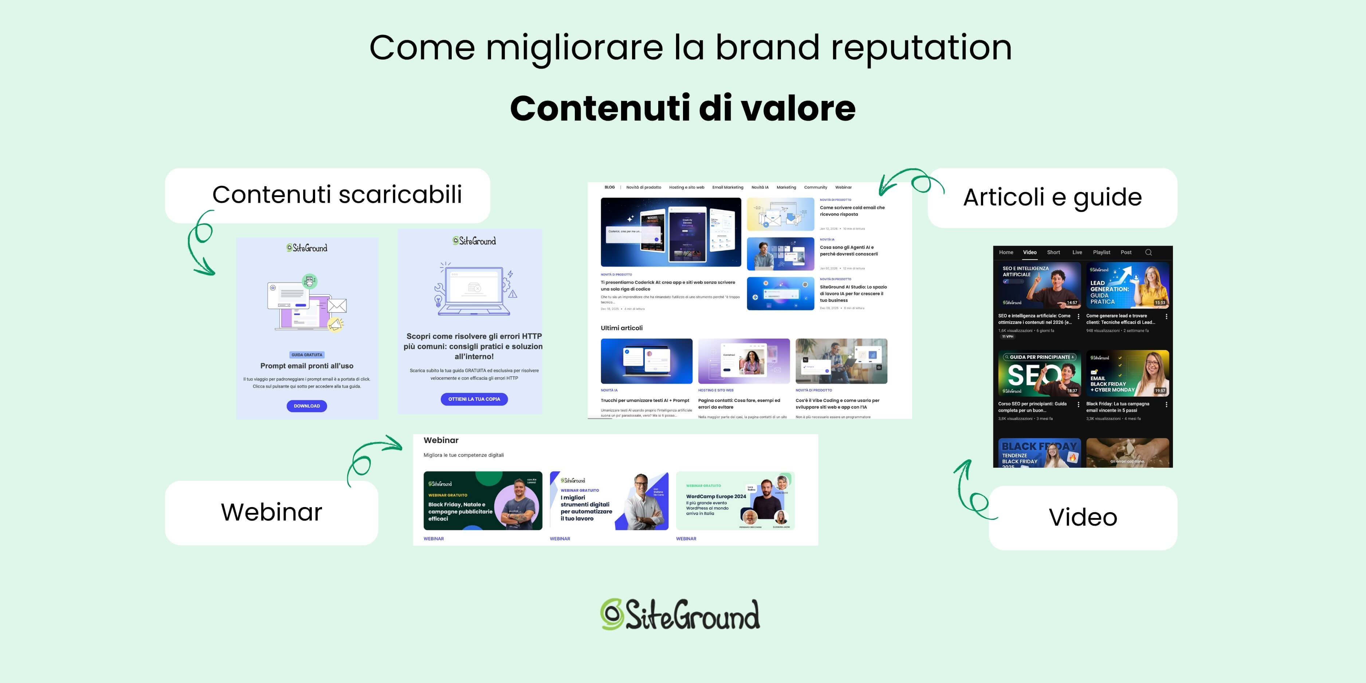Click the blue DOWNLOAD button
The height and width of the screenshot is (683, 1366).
point(306,406)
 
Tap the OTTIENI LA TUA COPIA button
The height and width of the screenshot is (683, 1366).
point(474,399)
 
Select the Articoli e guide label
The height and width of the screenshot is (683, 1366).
point(1052,197)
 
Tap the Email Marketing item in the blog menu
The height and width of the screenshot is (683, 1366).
point(727,187)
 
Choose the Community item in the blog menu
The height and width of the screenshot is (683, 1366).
point(815,187)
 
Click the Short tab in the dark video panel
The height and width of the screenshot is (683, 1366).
point(1053,252)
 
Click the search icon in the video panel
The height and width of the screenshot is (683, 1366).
point(1149,252)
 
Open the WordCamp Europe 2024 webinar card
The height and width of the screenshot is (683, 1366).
point(735,501)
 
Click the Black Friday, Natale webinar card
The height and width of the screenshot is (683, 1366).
point(483,501)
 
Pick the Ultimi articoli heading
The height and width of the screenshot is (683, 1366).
point(621,328)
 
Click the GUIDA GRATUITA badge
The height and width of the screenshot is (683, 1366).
point(306,355)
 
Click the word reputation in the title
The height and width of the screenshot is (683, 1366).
point(921,48)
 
